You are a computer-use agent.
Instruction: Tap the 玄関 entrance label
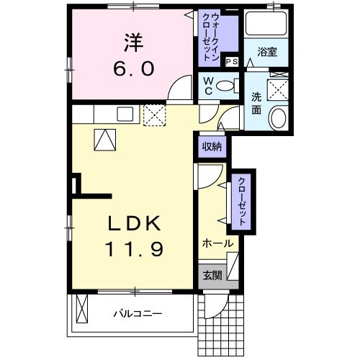coord(212,275)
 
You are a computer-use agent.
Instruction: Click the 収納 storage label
coord(212,146)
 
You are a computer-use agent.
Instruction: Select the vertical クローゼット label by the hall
coord(241,201)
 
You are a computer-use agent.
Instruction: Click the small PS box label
coord(231,63)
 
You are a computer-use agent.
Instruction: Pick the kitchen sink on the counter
coord(126,113)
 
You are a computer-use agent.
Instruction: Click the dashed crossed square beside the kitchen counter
coord(155,114)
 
